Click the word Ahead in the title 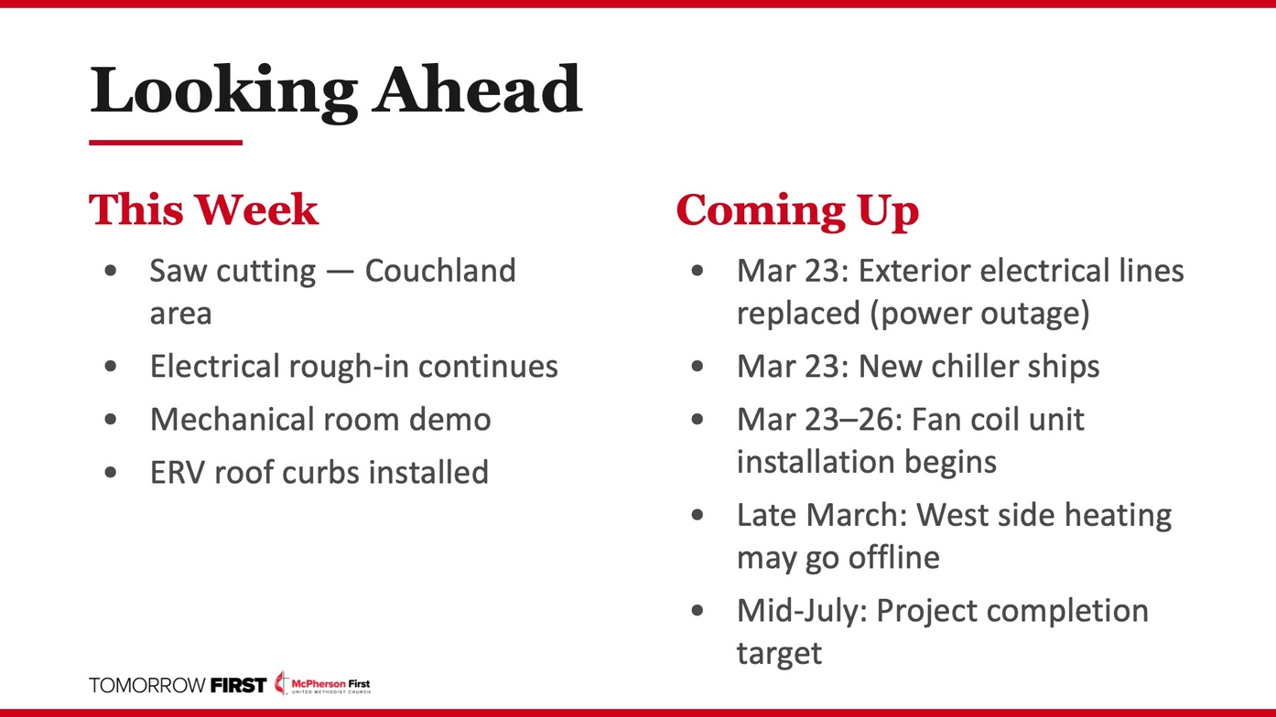tap(478, 90)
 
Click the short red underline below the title tap(166, 143)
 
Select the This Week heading tap(203, 209)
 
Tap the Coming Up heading tap(797, 211)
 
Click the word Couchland tap(440, 271)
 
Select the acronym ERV tap(177, 472)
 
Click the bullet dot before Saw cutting tap(111, 271)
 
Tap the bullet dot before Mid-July tap(697, 611)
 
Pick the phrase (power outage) tap(979, 314)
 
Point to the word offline tap(893, 557)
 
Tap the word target tap(779, 653)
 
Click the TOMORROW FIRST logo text tap(178, 685)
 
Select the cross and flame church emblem tap(281, 683)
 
